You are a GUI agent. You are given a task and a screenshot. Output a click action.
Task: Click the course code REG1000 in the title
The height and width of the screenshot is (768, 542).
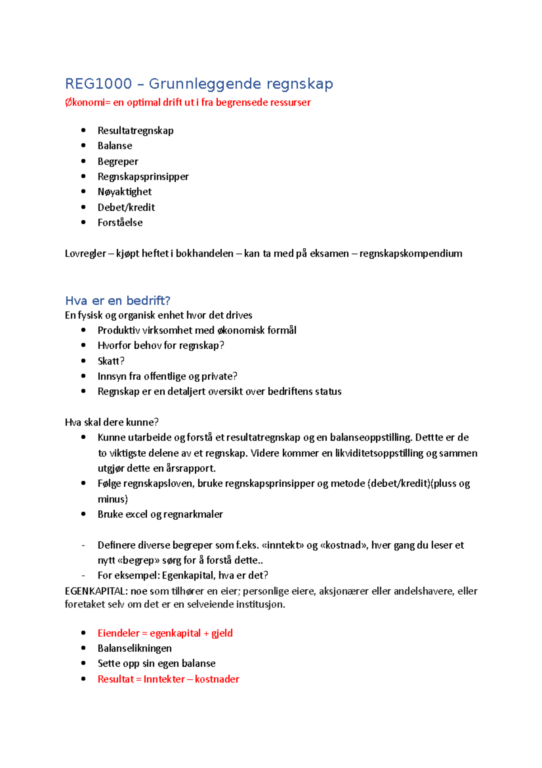(x=98, y=84)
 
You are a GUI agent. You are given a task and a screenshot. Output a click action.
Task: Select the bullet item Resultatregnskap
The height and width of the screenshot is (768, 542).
(x=135, y=131)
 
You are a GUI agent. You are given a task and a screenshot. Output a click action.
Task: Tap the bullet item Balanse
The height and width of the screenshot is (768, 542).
(x=115, y=146)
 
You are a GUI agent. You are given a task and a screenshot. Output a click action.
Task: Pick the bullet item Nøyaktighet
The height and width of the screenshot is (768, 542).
(x=125, y=192)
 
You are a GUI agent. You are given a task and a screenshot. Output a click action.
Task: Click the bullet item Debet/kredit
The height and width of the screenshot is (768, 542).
(x=126, y=207)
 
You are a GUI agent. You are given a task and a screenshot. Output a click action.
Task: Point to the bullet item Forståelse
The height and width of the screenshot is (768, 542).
(x=120, y=223)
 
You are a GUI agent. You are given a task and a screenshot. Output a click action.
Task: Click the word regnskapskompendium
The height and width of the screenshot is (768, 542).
(x=411, y=253)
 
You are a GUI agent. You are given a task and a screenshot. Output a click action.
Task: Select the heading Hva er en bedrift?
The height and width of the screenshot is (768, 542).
(x=117, y=301)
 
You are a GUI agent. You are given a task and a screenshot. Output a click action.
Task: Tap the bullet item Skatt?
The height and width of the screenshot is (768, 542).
(x=111, y=361)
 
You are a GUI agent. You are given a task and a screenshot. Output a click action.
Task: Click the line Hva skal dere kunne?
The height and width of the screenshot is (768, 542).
(x=112, y=422)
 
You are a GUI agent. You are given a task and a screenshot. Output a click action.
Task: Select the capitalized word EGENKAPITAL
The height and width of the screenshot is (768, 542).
(x=95, y=591)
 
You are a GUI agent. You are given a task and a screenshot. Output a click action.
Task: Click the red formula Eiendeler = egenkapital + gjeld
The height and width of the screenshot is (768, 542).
(x=165, y=633)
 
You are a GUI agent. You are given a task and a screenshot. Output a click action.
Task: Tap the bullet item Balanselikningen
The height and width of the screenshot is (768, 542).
(x=135, y=648)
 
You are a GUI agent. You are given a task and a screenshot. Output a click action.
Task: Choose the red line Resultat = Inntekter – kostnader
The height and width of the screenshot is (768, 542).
(x=168, y=679)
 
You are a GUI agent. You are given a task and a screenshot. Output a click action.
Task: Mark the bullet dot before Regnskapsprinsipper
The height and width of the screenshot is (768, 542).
(x=83, y=176)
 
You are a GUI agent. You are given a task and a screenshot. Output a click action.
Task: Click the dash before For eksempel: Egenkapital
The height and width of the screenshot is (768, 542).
(x=83, y=576)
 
